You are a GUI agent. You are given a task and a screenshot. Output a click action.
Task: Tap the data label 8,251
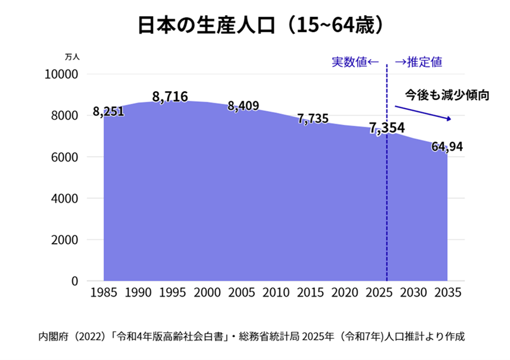[x=109, y=112]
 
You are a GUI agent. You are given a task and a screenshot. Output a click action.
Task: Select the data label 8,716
[x=170, y=96]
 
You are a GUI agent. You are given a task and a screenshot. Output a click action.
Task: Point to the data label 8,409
[x=243, y=106]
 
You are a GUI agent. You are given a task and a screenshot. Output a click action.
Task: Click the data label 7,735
[x=313, y=119]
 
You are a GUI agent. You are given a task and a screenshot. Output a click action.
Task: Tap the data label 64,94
[x=447, y=147]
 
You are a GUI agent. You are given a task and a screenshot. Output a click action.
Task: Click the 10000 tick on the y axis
[x=63, y=74]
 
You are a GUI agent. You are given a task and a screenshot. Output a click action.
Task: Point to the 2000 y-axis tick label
[x=66, y=239]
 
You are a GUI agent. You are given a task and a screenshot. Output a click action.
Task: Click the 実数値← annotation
[x=354, y=62]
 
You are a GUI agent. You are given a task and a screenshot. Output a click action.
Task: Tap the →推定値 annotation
[x=418, y=62]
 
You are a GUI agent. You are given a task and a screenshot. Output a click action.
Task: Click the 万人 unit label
[x=72, y=57]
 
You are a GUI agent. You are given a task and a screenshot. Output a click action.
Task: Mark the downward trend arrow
[x=423, y=113]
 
